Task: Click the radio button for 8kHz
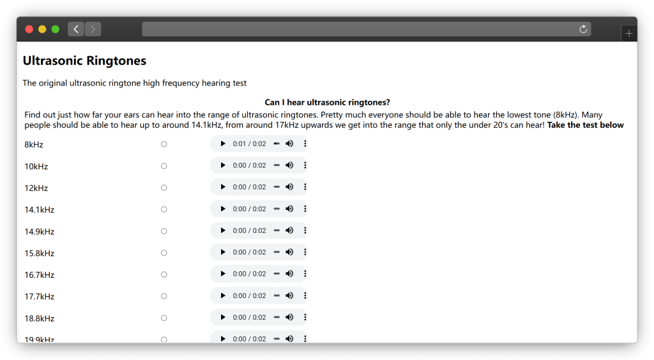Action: (x=164, y=144)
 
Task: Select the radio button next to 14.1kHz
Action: (x=164, y=209)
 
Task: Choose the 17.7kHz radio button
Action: (x=164, y=296)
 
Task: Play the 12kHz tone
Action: (x=223, y=187)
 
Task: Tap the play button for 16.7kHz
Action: (x=223, y=274)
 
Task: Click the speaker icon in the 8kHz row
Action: (x=289, y=144)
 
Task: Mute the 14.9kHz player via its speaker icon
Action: (x=289, y=230)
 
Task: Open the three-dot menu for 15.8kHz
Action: (x=305, y=252)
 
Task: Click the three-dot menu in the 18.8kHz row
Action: (x=305, y=317)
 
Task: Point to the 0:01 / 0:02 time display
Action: (x=250, y=144)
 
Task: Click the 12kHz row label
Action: (x=36, y=188)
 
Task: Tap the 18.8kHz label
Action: (x=39, y=319)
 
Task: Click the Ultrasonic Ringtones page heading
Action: (x=84, y=61)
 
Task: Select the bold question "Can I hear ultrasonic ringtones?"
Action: (x=328, y=103)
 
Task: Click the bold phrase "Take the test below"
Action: (x=585, y=125)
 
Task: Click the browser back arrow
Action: (x=76, y=29)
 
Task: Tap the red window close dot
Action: (x=29, y=29)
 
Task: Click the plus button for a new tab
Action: (x=629, y=33)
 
